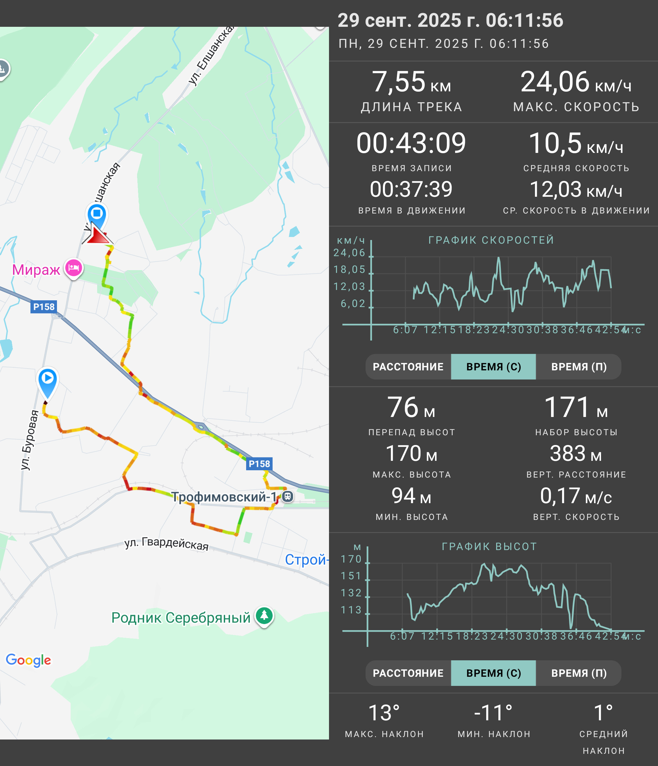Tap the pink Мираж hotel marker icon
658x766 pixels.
pyautogui.click(x=73, y=268)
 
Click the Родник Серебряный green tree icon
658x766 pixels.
pyautogui.click(x=264, y=616)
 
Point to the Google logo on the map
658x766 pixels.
pyautogui.click(x=28, y=660)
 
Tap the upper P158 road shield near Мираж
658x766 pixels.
pyautogui.click(x=44, y=307)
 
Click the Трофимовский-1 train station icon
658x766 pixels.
pyautogui.click(x=288, y=496)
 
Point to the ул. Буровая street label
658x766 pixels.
pyautogui.click(x=30, y=440)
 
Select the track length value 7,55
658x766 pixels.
pyautogui.click(x=398, y=82)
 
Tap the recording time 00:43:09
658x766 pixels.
pyautogui.click(x=411, y=143)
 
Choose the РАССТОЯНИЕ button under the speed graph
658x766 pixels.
pyautogui.click(x=408, y=367)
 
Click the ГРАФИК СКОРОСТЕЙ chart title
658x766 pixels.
pyautogui.click(x=491, y=240)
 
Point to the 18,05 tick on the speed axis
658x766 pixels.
pyautogui.click(x=349, y=270)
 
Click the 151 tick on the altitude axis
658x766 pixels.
pyautogui.click(x=351, y=576)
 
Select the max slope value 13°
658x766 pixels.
pyautogui.click(x=384, y=713)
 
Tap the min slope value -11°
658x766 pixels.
pyautogui.click(x=493, y=713)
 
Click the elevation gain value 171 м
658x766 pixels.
pyautogui.click(x=576, y=408)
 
